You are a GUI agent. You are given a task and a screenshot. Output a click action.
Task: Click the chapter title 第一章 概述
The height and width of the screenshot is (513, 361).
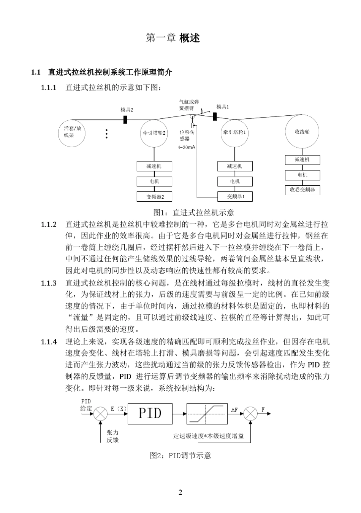click(x=173, y=38)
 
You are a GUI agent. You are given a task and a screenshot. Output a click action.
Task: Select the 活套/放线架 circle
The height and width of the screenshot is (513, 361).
click(x=72, y=132)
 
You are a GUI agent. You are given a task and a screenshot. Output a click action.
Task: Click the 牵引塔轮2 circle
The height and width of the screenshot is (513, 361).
click(x=154, y=133)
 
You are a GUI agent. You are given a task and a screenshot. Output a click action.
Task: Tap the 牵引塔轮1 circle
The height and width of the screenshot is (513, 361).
click(x=234, y=132)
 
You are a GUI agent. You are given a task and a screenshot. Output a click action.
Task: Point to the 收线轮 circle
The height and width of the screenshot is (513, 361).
click(x=302, y=132)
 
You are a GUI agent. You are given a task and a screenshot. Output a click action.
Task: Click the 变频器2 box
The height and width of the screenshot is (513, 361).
click(x=154, y=197)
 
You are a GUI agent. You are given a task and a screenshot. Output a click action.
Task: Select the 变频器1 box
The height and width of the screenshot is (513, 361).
click(x=235, y=196)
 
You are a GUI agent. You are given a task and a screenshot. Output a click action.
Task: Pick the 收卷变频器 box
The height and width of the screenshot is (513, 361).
click(x=302, y=190)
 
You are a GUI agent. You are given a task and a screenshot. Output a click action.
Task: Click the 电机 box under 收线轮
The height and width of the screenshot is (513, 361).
click(x=302, y=175)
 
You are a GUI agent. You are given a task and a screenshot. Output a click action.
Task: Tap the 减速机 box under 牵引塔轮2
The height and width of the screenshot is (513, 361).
click(x=154, y=166)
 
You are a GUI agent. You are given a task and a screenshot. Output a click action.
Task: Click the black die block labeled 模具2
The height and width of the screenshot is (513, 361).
click(x=125, y=119)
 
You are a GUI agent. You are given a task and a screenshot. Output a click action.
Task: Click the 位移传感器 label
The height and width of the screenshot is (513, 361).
click(x=187, y=135)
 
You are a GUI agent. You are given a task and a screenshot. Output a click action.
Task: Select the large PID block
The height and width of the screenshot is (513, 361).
click(x=150, y=413)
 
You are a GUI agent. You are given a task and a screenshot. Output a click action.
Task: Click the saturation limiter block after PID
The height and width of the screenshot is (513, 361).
click(x=207, y=413)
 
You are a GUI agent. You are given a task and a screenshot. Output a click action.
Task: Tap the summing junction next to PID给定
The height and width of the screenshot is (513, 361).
click(x=100, y=413)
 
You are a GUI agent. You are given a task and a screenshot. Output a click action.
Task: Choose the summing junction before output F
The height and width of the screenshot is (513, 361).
click(x=250, y=413)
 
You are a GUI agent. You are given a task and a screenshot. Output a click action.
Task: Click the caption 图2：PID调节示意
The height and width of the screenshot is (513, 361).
click(x=180, y=456)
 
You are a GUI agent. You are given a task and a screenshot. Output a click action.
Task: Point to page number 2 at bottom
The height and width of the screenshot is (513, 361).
click(x=180, y=492)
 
